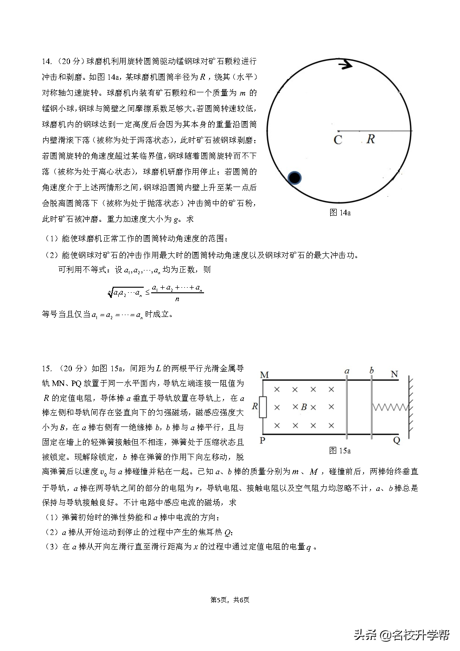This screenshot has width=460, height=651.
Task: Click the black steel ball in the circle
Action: [x=294, y=178]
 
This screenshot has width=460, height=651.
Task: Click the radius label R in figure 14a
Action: [x=371, y=139]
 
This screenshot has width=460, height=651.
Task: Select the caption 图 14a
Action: [x=339, y=213]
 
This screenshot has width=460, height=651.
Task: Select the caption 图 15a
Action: [x=339, y=450]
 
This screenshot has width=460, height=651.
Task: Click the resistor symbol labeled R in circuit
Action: [x=262, y=407]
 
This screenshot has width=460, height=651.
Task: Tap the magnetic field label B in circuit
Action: [x=304, y=407]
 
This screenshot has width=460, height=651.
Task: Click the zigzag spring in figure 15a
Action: [x=390, y=407]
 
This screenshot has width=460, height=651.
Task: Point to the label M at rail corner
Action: [x=264, y=374]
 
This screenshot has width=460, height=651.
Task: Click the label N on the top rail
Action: [x=394, y=374]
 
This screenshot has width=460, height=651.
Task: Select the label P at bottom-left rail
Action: [x=262, y=440]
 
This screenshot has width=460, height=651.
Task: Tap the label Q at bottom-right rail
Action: [x=396, y=441]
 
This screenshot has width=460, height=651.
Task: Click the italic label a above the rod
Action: [x=347, y=371]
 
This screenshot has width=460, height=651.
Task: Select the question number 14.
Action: [x=47, y=61]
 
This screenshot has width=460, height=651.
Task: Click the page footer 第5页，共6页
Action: [x=230, y=599]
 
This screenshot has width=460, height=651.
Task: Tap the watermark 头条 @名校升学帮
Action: [x=402, y=635]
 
